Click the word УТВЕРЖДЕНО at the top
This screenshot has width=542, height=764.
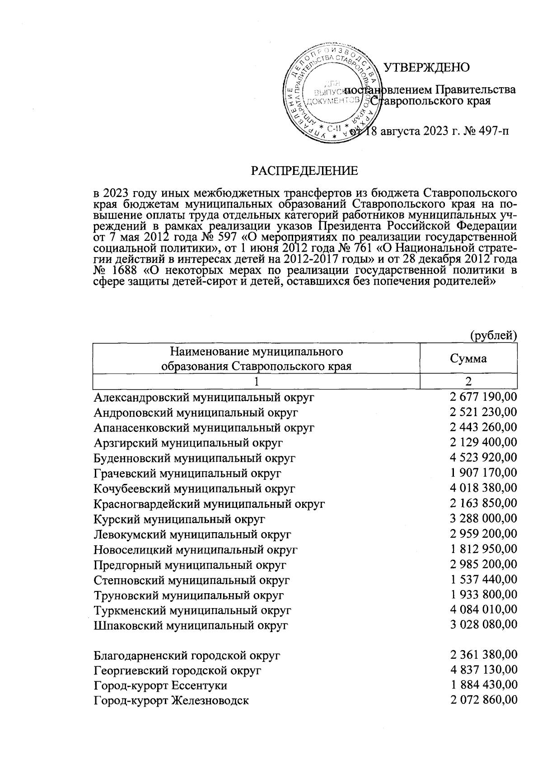pyautogui.click(x=426, y=68)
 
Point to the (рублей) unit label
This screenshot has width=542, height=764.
pyautogui.click(x=493, y=335)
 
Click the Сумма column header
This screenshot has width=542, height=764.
pyautogui.click(x=468, y=359)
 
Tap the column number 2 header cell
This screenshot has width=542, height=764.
pyautogui.click(x=468, y=382)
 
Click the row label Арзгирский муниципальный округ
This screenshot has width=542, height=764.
pyautogui.click(x=188, y=443)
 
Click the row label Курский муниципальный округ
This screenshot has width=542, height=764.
pyautogui.click(x=179, y=519)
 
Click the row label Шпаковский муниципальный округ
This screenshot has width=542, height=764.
pyautogui.click(x=191, y=626)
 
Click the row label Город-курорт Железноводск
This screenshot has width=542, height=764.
pyautogui.click(x=172, y=701)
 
